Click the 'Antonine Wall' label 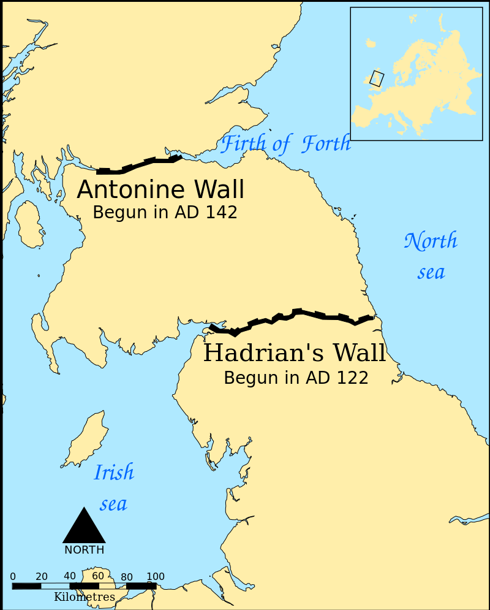[x=160, y=190]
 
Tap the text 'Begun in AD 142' [x=165, y=213]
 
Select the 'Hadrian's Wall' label [x=295, y=354]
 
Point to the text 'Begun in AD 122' [x=296, y=378]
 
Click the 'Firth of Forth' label [x=285, y=144]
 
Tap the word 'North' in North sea [x=431, y=241]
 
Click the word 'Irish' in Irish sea [x=114, y=473]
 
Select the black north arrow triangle [x=84, y=527]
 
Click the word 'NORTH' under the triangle [x=84, y=550]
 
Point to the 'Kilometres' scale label [x=84, y=597]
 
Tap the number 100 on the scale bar [x=156, y=576]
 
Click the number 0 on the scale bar [x=13, y=576]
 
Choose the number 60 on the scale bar [x=98, y=576]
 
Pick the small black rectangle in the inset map [x=377, y=78]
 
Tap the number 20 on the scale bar [x=42, y=576]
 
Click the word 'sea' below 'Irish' [x=113, y=504]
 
